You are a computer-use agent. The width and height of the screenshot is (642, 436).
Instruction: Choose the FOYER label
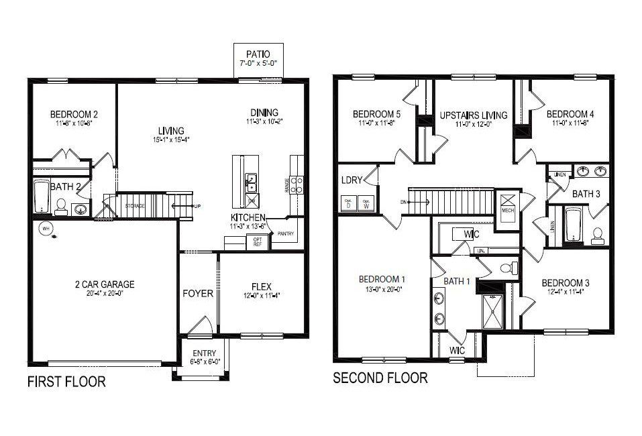pyautogui.click(x=198, y=294)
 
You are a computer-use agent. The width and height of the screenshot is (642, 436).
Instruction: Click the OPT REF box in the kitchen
pyautogui.click(x=257, y=241)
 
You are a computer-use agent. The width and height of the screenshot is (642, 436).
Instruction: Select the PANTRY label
pyautogui.click(x=285, y=233)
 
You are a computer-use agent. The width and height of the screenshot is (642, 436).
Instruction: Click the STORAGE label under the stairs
pyautogui.click(x=134, y=206)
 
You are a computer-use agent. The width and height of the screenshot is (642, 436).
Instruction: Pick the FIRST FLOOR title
pyautogui.click(x=66, y=382)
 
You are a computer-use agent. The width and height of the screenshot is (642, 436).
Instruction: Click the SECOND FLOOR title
pyautogui.click(x=380, y=378)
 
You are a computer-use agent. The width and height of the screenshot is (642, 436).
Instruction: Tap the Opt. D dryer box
pyautogui.click(x=348, y=204)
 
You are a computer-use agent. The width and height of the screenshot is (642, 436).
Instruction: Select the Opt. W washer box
pyautogui.click(x=366, y=204)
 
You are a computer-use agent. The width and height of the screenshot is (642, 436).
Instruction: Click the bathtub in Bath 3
pyautogui.click(x=572, y=225)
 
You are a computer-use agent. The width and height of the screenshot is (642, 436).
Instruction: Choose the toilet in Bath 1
pyautogui.click(x=510, y=268)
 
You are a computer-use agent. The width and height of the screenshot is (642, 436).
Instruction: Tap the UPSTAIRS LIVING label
pyautogui.click(x=473, y=115)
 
